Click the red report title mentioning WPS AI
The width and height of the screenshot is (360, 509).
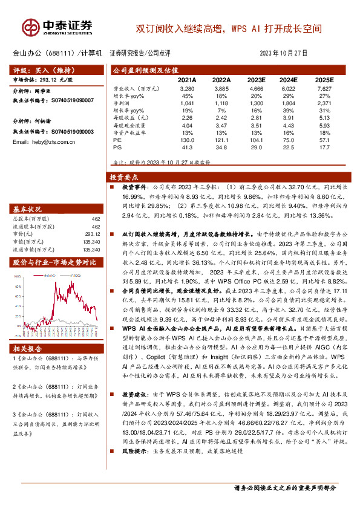point(229,28)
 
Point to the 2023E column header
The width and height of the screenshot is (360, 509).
point(257,80)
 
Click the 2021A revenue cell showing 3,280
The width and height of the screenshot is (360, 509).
point(187,89)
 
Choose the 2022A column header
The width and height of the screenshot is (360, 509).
point(221,80)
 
